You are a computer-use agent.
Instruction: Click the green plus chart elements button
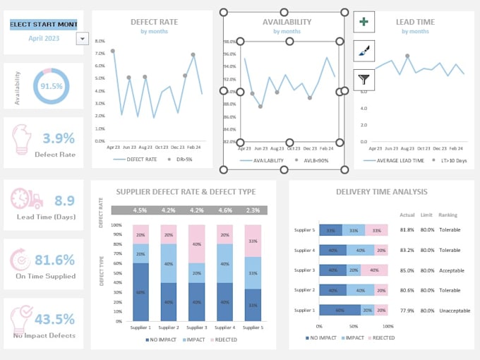tap(364, 22)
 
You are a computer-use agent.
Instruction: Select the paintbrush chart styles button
tap(364, 51)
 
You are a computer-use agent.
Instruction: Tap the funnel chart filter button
tap(364, 80)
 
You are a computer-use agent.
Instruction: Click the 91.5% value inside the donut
tap(52, 86)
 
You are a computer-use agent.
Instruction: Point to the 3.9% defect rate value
tap(59, 138)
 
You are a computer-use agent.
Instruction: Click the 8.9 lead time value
tap(64, 200)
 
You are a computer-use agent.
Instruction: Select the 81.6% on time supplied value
tap(55, 259)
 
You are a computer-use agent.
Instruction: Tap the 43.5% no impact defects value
tap(55, 318)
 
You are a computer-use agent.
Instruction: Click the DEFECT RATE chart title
tap(154, 22)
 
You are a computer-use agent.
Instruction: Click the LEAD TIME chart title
tap(416, 22)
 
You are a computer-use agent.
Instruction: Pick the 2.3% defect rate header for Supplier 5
tap(253, 210)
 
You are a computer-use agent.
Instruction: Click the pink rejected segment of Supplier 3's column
tap(196, 244)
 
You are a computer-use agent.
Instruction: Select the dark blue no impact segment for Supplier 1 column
tap(140, 291)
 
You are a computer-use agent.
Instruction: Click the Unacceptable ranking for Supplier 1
tap(452, 310)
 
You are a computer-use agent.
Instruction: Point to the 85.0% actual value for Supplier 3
tap(407, 270)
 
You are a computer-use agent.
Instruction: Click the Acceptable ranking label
tap(451, 270)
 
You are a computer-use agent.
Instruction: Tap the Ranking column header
tap(448, 215)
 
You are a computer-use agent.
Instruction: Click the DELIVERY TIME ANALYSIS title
tap(380, 191)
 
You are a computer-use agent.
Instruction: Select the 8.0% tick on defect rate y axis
tap(100, 42)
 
